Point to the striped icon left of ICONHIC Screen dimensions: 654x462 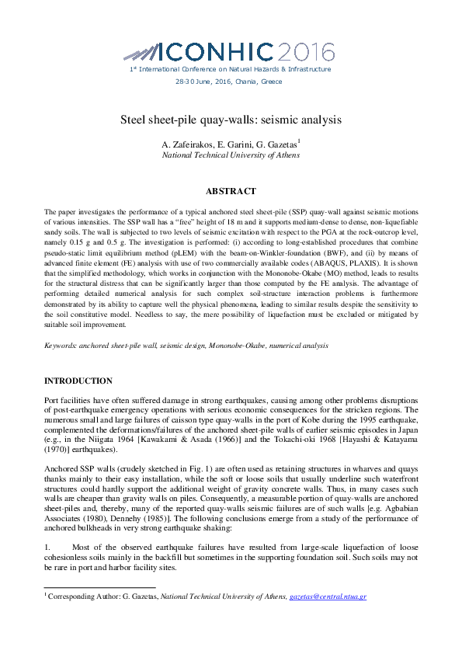142,53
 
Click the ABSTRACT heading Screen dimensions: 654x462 231,191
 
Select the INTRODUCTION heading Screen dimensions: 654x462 78,381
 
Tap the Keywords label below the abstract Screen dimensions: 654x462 61,344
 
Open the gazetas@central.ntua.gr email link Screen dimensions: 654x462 328,597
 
